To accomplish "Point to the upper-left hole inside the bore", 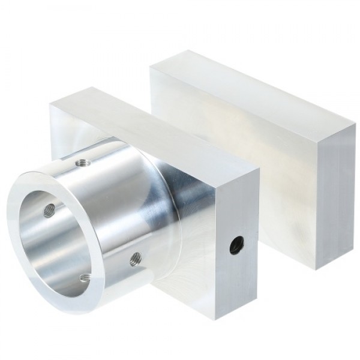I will pos(50,209).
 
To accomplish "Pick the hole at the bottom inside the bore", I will pos(86,277).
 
